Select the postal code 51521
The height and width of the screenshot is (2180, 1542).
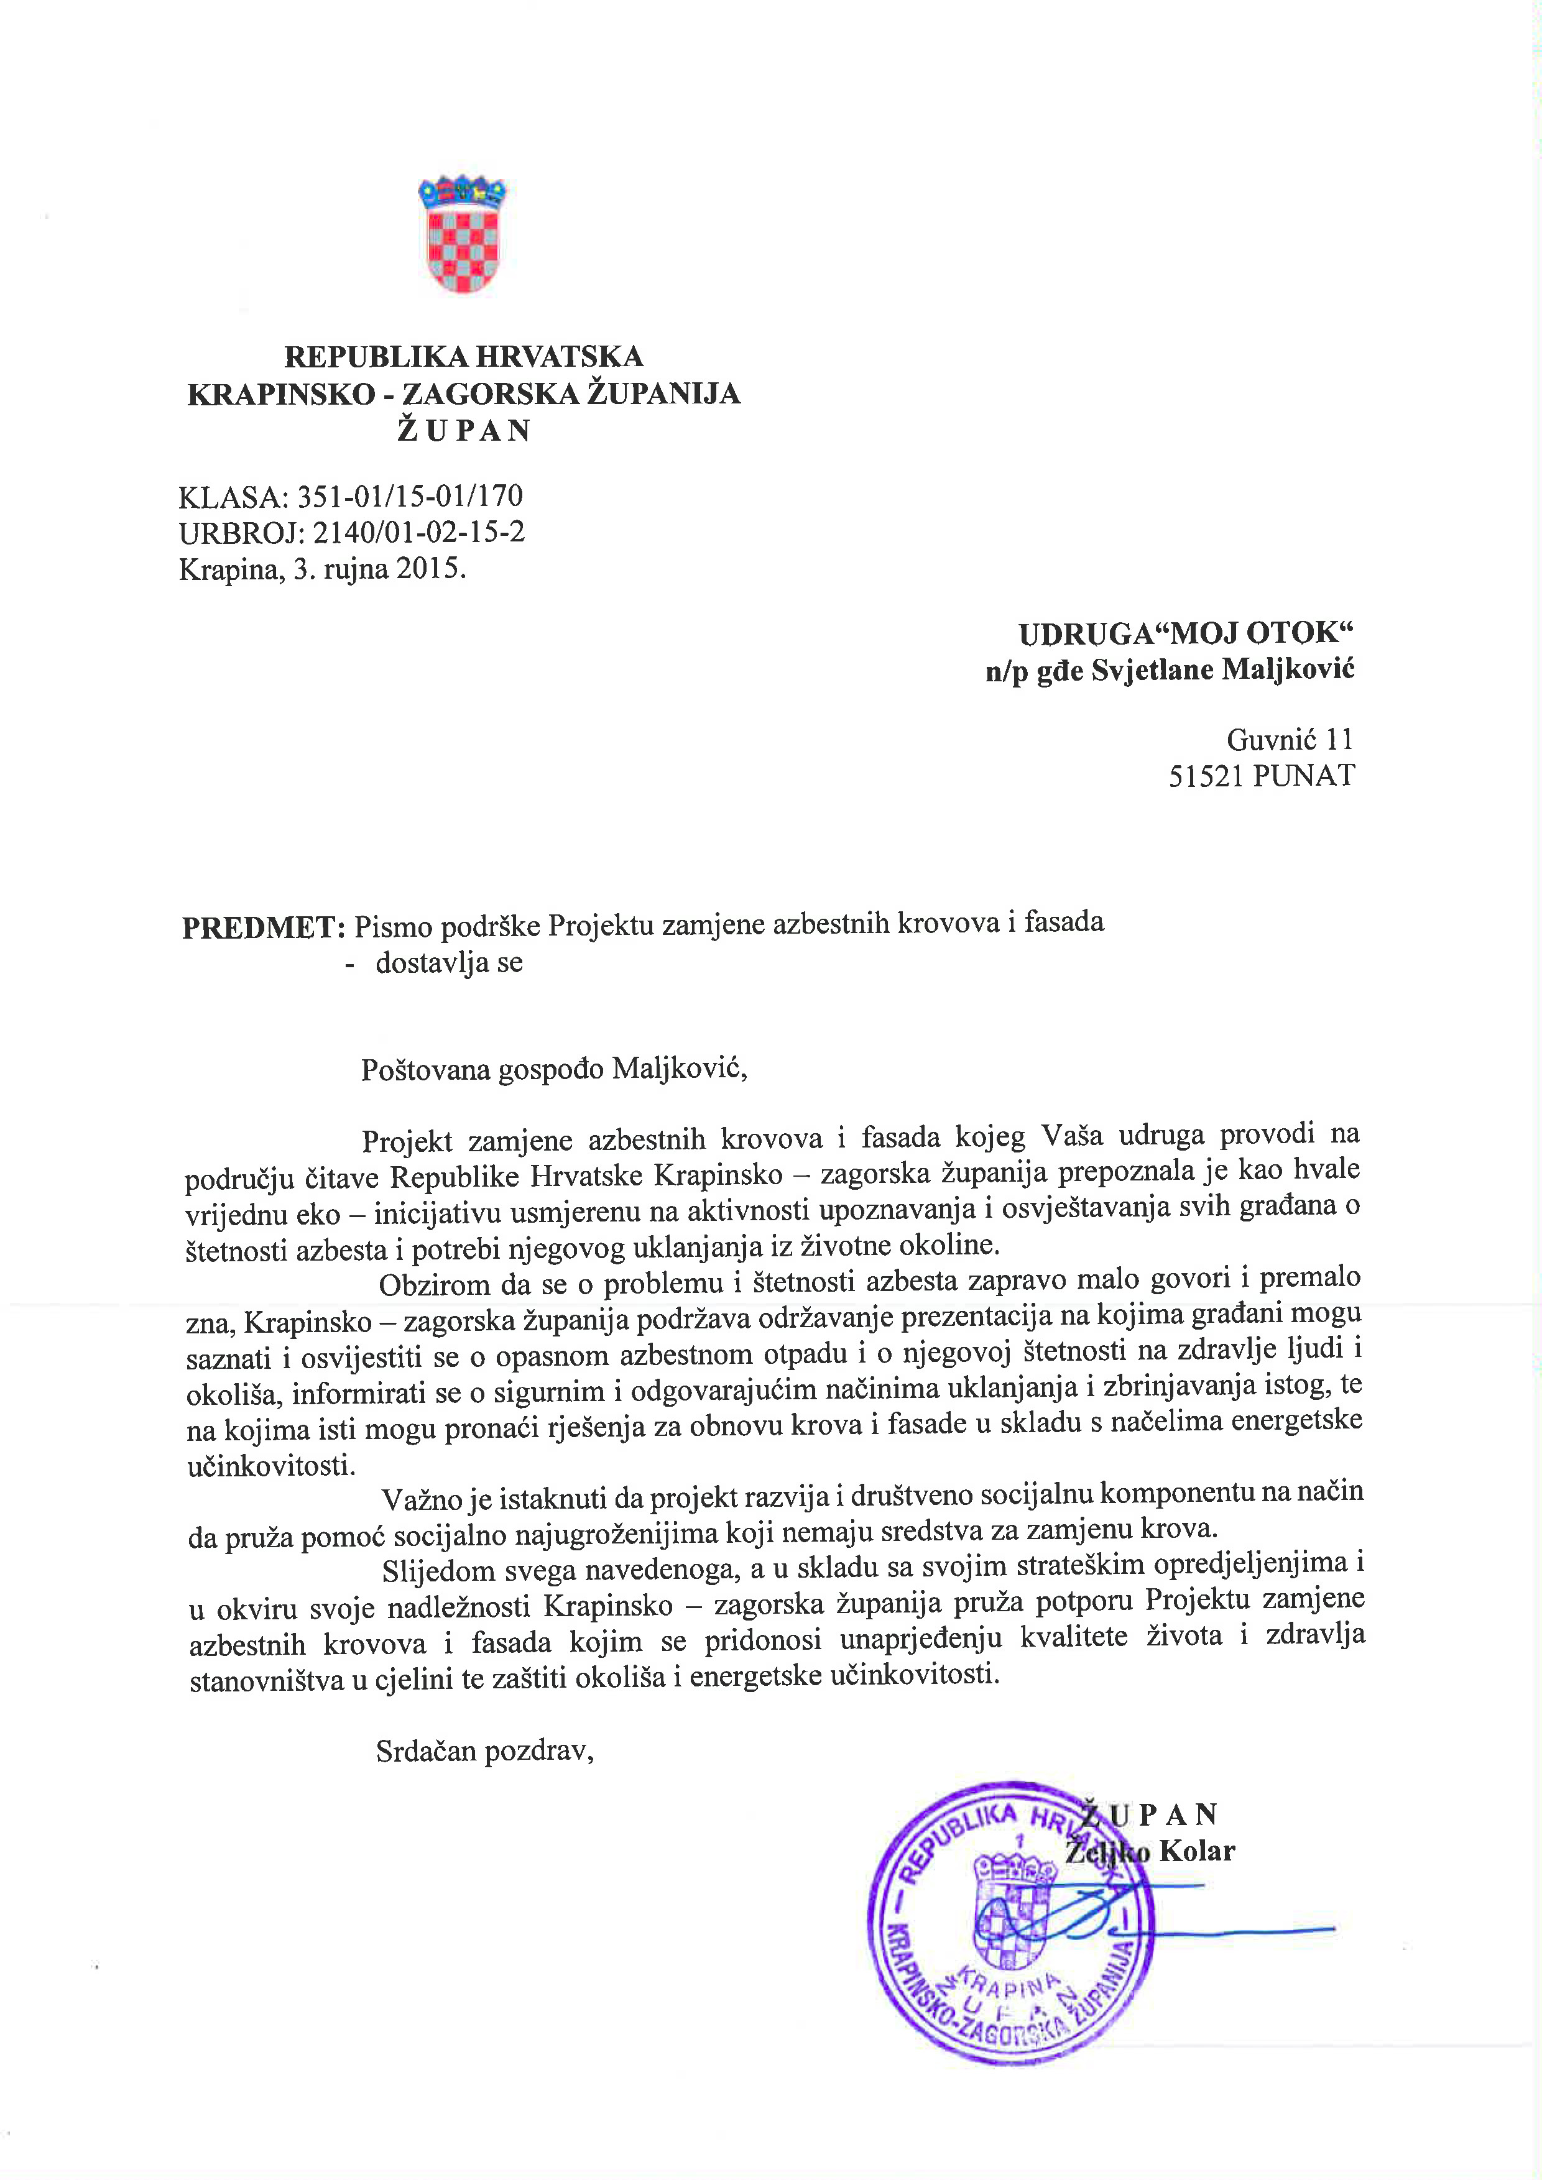coord(1206,776)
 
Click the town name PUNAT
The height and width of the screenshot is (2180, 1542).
coord(1304,776)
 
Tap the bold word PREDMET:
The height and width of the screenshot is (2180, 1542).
coord(263,927)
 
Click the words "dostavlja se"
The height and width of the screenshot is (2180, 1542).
coord(449,963)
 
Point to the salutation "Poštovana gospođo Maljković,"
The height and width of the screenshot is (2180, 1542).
coord(553,1069)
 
